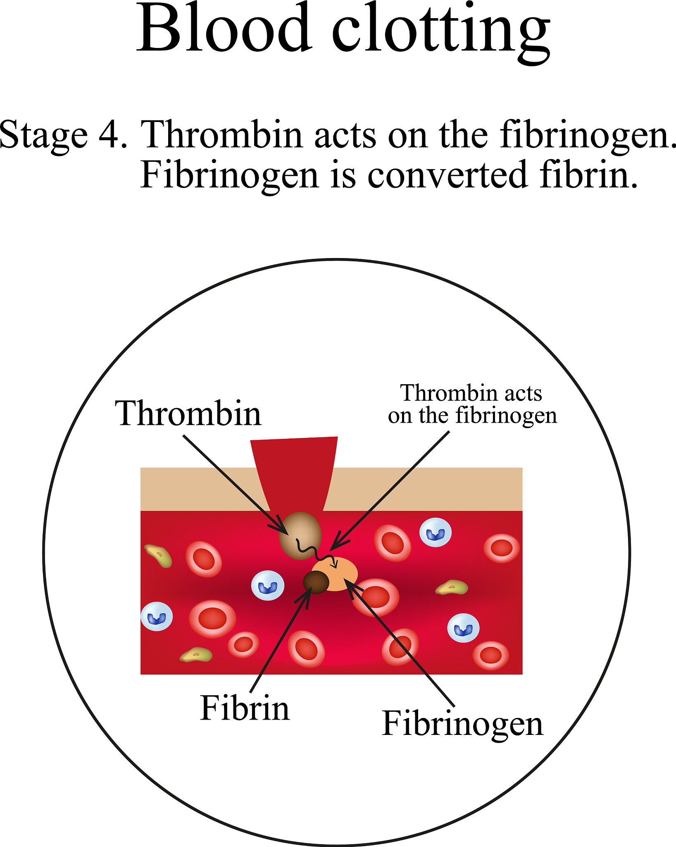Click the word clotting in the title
pos(441,33)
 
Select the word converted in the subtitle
pos(447,175)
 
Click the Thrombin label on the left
pos(188,414)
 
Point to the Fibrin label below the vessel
pos(245,708)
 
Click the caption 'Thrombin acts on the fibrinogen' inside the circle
pos(472,404)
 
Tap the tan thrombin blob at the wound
pos(300,536)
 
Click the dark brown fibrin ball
pos(316,582)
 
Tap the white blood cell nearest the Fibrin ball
pos(268,586)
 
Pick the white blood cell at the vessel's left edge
pos(157,616)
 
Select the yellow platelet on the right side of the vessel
pos(452,587)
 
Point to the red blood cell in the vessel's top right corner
pos(502,548)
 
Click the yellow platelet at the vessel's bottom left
pos(196,655)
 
